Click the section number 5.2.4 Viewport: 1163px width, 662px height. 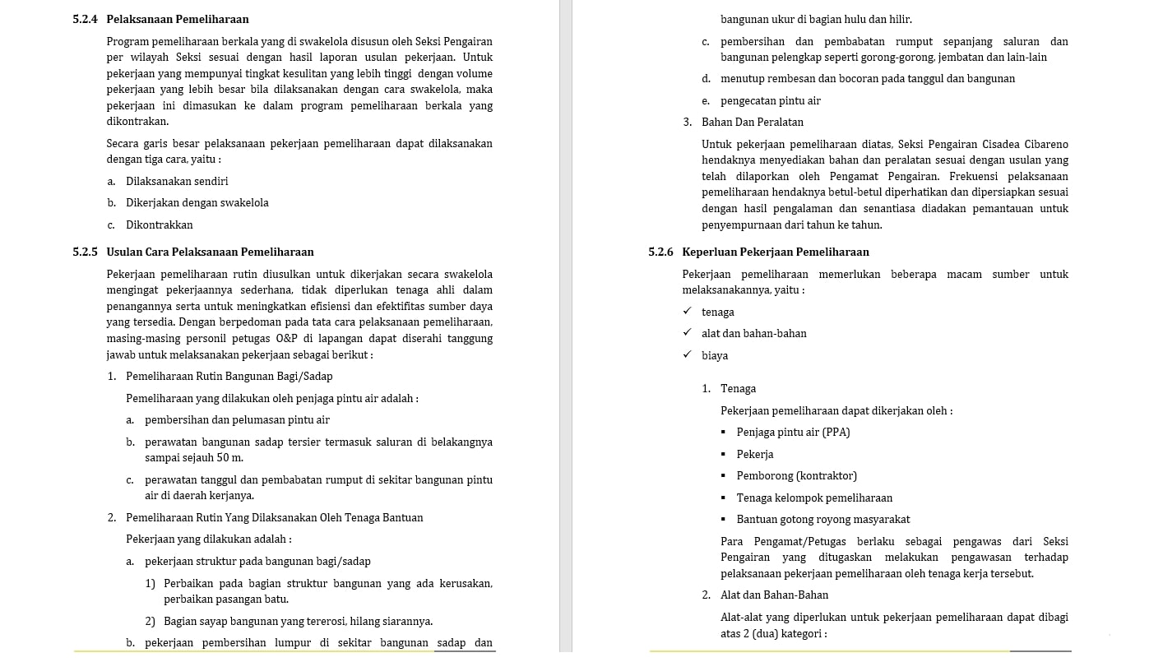click(86, 19)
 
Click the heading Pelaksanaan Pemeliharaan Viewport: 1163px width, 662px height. click(178, 19)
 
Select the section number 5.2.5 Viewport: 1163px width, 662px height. click(86, 252)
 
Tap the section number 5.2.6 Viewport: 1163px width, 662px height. click(660, 252)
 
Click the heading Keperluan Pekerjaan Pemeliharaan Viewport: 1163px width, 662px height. click(776, 252)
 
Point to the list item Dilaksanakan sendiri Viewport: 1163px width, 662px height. click(177, 181)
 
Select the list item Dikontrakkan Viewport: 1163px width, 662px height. click(160, 225)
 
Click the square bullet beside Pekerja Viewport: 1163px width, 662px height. click(725, 455)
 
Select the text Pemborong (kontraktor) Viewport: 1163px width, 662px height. click(796, 476)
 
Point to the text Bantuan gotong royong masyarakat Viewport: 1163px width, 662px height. click(822, 520)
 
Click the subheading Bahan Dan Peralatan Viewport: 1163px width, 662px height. click(753, 123)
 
